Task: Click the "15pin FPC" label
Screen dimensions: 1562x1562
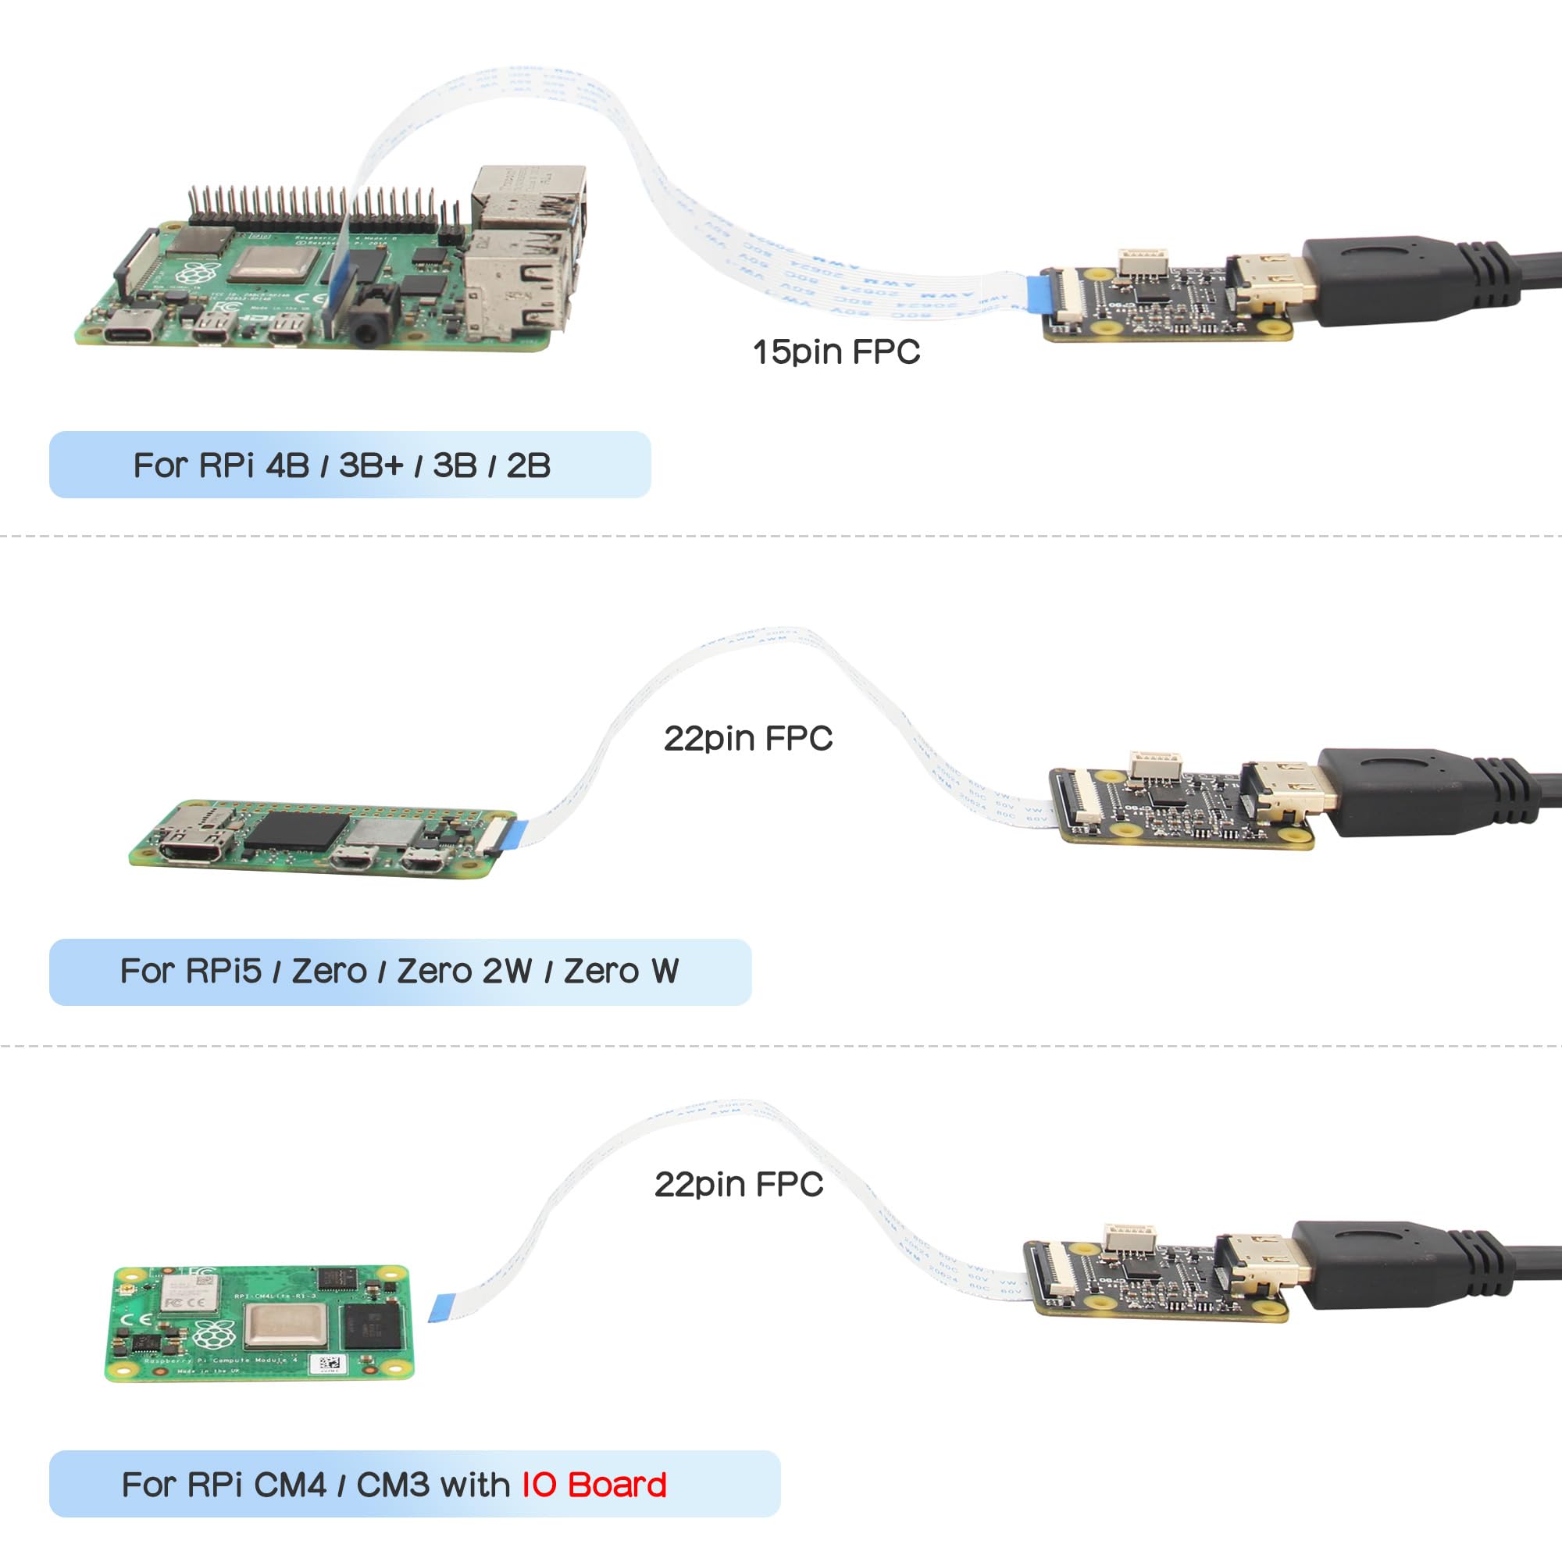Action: coord(836,352)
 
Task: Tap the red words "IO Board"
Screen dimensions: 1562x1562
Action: coord(594,1485)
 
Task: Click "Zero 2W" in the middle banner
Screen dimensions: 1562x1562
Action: coord(464,971)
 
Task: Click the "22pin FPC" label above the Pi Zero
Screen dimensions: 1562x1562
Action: coord(748,738)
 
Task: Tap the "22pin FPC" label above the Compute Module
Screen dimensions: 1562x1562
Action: coord(738,1185)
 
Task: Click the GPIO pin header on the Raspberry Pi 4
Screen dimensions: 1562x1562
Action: coord(316,209)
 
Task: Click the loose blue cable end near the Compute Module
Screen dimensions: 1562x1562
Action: coord(442,1304)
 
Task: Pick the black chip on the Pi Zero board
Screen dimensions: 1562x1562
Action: coord(295,830)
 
